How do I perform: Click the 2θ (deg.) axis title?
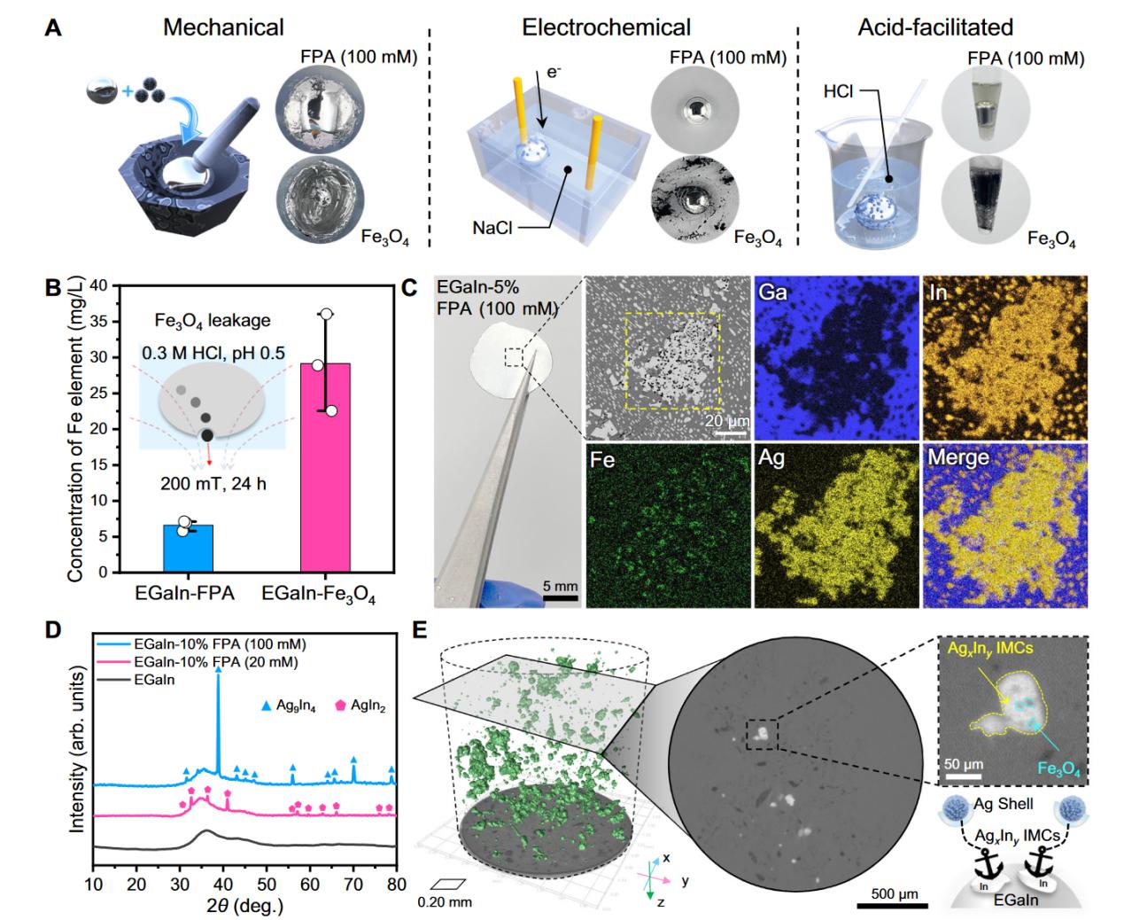pos(243,907)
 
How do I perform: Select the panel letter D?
pos(53,630)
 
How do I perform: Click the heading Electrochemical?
pos(607,27)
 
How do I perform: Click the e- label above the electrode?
pos(554,72)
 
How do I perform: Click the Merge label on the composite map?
pos(960,457)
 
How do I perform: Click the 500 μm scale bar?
pos(892,905)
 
